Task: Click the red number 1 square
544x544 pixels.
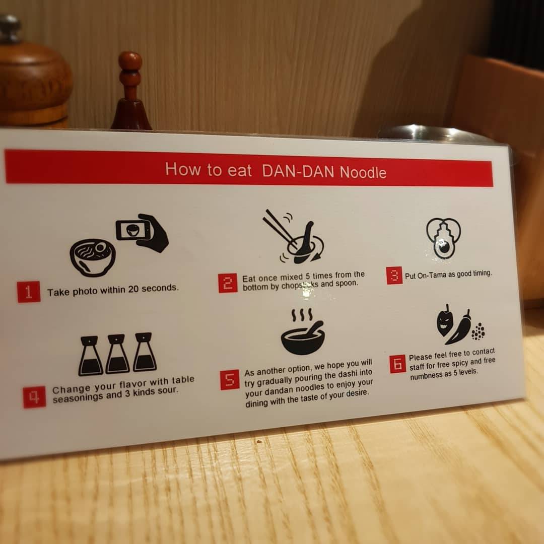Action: (29, 292)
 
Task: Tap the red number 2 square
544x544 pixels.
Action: (228, 283)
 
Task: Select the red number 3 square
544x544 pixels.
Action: (394, 276)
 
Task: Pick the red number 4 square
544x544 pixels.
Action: (34, 397)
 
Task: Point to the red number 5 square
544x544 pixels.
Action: (230, 380)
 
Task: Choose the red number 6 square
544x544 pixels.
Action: (397, 364)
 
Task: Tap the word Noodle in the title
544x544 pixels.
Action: (363, 172)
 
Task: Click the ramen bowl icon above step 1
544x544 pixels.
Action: (93, 257)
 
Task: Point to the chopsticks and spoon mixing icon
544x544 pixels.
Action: (293, 237)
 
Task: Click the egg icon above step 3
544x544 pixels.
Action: (443, 238)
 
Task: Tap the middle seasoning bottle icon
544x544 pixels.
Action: (117, 354)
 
